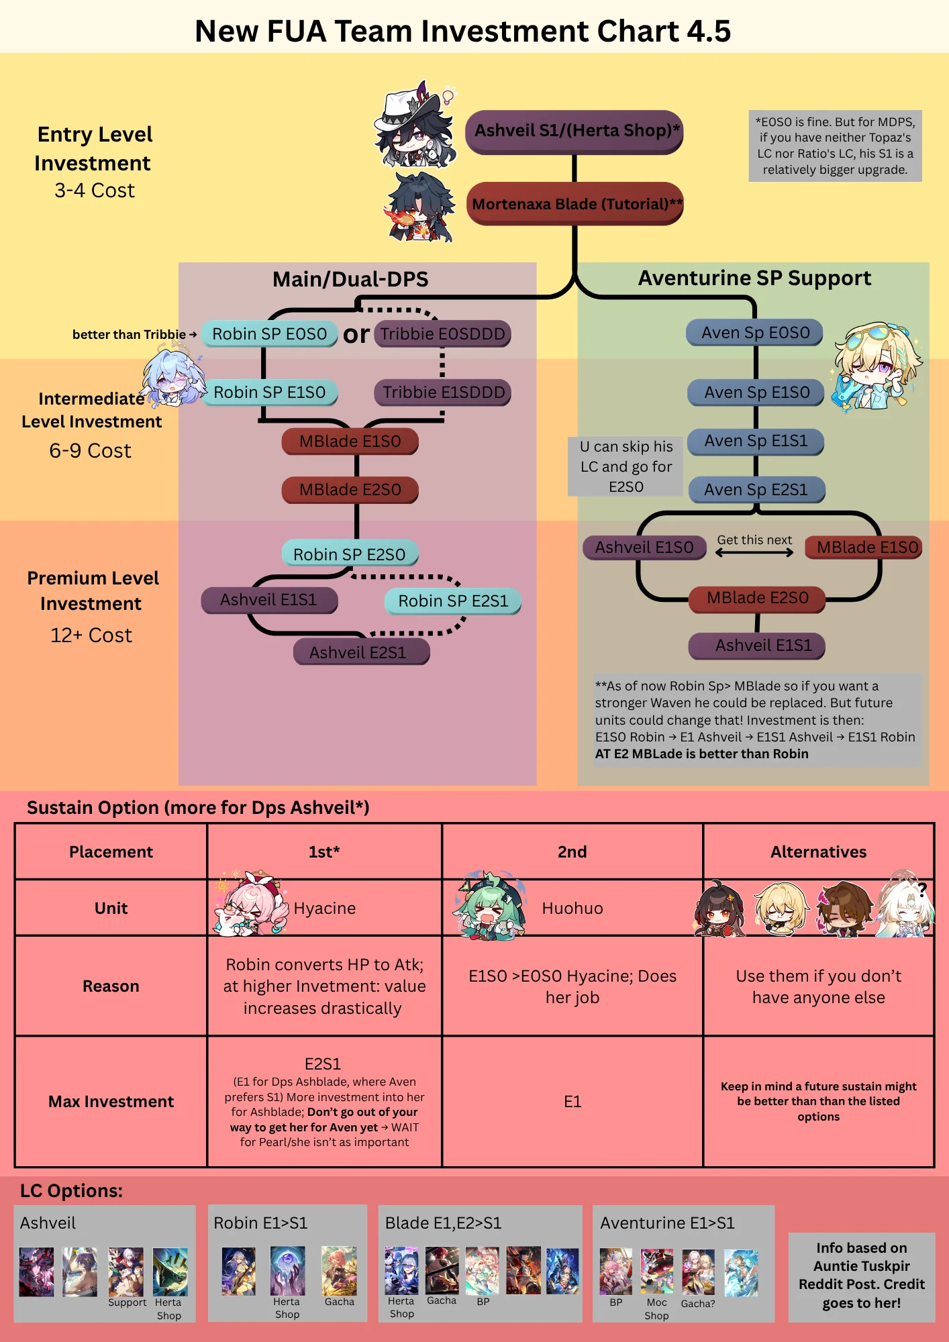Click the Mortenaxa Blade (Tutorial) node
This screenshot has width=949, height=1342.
click(x=575, y=204)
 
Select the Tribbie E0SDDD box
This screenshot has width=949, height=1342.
click(x=442, y=334)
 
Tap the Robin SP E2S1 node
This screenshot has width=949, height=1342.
click(x=453, y=601)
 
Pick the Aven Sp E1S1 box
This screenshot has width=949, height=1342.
click(x=756, y=442)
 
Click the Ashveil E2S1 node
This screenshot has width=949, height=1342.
click(x=361, y=652)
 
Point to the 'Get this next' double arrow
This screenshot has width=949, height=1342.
click(x=754, y=552)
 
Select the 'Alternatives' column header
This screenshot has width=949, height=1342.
click(x=818, y=852)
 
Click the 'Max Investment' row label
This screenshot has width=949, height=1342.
click(x=111, y=1102)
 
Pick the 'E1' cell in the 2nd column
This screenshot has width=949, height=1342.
click(x=572, y=1102)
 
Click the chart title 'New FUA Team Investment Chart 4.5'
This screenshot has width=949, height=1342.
click(x=462, y=31)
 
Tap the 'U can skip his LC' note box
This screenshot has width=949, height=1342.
click(x=626, y=466)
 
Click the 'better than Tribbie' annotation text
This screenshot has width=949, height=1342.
click(x=129, y=334)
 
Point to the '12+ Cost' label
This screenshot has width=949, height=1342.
click(x=91, y=635)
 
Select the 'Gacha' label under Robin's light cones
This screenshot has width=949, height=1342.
click(x=340, y=1302)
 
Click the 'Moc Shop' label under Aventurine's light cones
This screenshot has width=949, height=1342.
click(x=656, y=1309)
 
